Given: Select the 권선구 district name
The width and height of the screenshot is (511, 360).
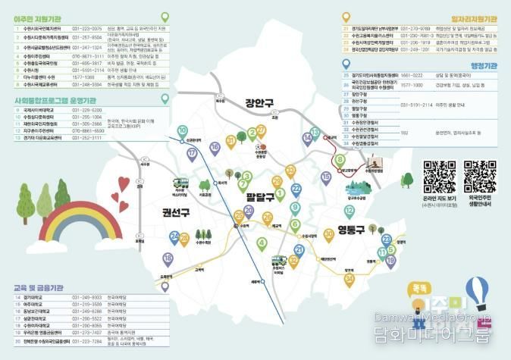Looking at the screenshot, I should click(x=177, y=211).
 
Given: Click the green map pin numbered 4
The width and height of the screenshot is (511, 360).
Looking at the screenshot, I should click(x=262, y=243).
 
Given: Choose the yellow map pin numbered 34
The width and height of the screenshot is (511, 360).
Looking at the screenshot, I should click(x=350, y=280).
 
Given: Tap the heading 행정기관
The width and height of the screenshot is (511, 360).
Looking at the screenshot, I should click(x=478, y=66).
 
